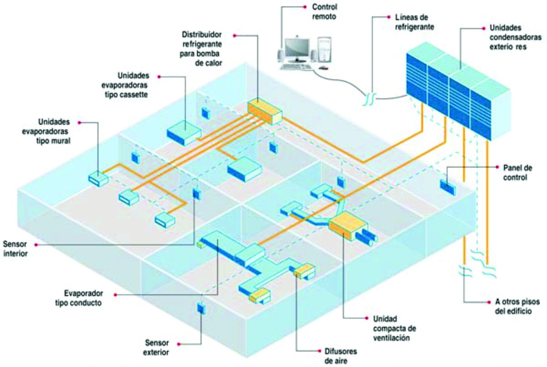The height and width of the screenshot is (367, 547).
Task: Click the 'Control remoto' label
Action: pos(324,12)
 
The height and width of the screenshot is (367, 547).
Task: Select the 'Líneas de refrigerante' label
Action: pos(414,22)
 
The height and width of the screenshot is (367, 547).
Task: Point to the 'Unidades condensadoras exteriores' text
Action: pos(515,37)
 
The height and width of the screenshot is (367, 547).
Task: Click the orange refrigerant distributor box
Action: pos(265,112)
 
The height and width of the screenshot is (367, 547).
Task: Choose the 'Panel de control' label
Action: pos(518,173)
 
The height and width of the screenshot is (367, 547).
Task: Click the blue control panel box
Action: pos(448,187)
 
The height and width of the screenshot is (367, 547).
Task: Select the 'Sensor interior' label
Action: pos(15,249)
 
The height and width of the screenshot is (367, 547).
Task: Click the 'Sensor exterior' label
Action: pos(157,348)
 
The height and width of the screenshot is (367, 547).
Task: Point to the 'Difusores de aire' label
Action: pos(341,356)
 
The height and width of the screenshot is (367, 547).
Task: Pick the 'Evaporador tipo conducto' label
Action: pos(79,298)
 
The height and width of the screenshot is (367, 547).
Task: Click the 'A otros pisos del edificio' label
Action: pos(517,306)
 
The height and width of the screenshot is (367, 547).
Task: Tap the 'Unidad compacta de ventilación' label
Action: pos(395,328)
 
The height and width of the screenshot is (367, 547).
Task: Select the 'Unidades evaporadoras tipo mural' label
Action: pos(46,131)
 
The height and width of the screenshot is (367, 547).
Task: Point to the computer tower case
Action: pos(325,50)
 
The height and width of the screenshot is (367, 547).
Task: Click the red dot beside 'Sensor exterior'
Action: pos(179,344)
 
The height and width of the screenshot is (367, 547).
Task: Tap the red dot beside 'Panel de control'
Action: pos(497,167)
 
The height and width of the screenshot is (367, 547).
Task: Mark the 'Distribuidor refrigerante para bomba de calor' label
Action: pos(201,49)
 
